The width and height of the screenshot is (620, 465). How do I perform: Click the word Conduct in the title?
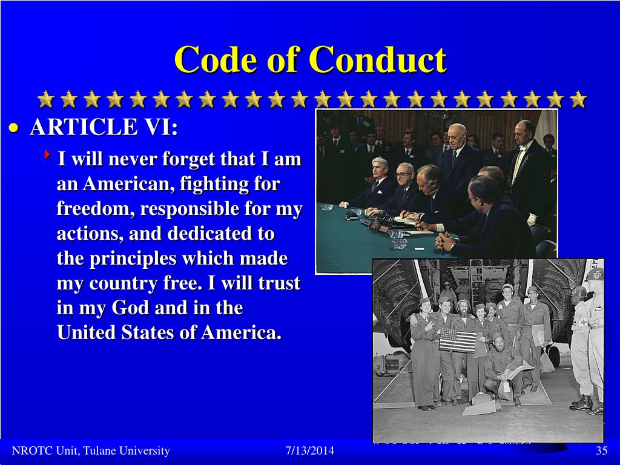pos(377,61)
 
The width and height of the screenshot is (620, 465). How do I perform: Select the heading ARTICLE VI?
pos(104,128)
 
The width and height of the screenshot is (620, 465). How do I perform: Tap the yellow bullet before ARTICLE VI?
pos(15,128)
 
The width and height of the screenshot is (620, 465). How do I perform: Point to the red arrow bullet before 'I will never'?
pos(47,156)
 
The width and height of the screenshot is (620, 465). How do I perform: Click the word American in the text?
pos(120,184)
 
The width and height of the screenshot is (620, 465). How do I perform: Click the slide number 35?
pos(601,451)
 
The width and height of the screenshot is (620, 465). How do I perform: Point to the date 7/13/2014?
pos(309,451)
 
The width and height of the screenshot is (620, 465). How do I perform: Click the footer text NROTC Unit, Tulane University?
pos(91,451)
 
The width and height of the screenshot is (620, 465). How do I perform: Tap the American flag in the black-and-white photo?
pos(458,340)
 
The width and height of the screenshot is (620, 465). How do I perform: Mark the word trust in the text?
pos(280,283)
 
